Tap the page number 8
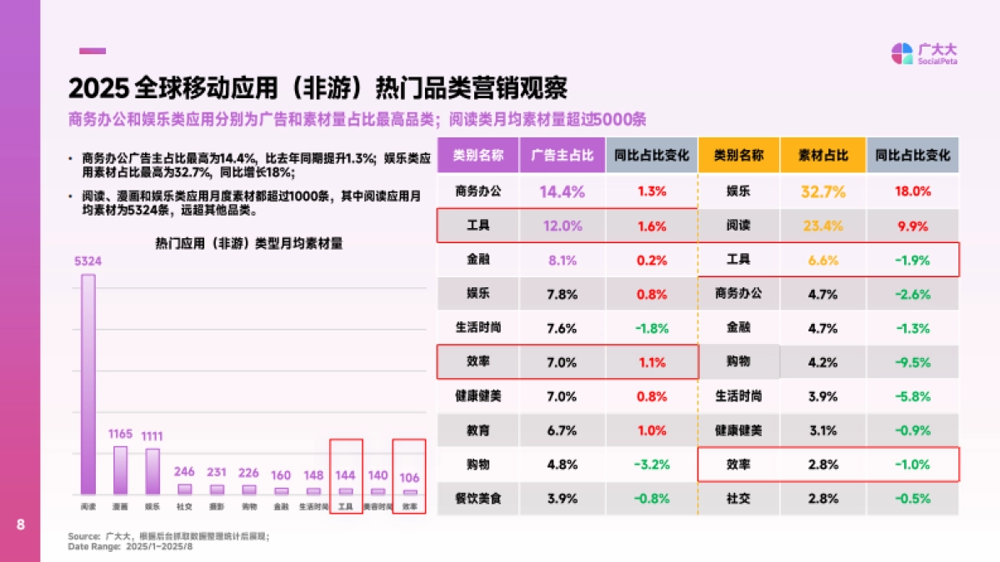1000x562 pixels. pyautogui.click(x=20, y=525)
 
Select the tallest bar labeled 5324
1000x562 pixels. pyautogui.click(x=87, y=383)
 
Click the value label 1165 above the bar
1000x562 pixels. pyautogui.click(x=120, y=434)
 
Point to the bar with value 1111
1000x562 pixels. pyautogui.click(x=152, y=471)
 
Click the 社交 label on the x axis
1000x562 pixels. pyautogui.click(x=184, y=505)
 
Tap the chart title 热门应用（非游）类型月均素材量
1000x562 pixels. pyautogui.click(x=248, y=244)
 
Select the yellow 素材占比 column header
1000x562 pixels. pyautogui.click(x=822, y=155)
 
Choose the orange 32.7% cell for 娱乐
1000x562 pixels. pyautogui.click(x=822, y=191)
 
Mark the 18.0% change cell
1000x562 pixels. pyautogui.click(x=912, y=191)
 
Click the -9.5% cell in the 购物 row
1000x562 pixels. pyautogui.click(x=912, y=362)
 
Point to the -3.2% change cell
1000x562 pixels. pyautogui.click(x=651, y=465)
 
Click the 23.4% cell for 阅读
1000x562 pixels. pyautogui.click(x=822, y=226)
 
